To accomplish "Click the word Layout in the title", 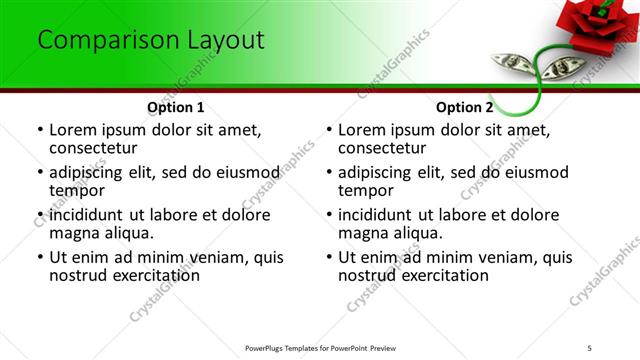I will pyautogui.click(x=222, y=40).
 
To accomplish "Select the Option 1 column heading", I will pyautogui.click(x=176, y=107).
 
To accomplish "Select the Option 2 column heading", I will pyautogui.click(x=465, y=107).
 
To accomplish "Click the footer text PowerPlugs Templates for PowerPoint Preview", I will pyautogui.click(x=320, y=347).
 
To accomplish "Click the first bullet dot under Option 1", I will pyautogui.click(x=41, y=130).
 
